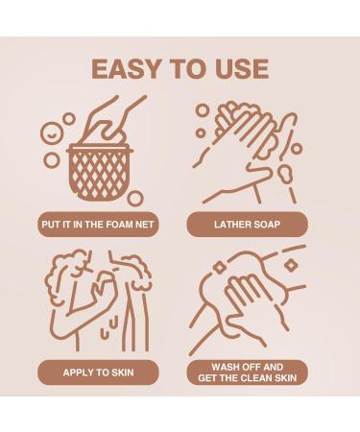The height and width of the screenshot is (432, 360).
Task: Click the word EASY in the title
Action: coord(126,69)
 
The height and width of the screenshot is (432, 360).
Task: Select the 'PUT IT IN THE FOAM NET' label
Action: coord(98,225)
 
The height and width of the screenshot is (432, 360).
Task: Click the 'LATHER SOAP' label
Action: coord(247,225)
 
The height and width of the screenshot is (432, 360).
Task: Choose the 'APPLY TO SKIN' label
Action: coord(98,372)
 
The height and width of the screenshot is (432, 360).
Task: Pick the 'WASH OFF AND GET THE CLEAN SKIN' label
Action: coord(247,372)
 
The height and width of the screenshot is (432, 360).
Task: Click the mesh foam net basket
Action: coord(100,173)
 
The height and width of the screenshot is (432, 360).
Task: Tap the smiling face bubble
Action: coord(52,133)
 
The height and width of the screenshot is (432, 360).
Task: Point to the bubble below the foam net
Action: coord(135,199)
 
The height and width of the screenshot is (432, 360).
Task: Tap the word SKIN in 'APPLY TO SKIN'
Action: coord(123,372)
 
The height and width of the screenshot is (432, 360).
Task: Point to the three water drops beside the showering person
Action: coord(109,325)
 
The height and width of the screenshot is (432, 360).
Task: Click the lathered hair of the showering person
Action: coord(65,276)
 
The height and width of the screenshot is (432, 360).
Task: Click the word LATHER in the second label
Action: coord(231,225)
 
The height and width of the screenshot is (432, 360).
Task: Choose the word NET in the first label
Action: coord(144,225)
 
